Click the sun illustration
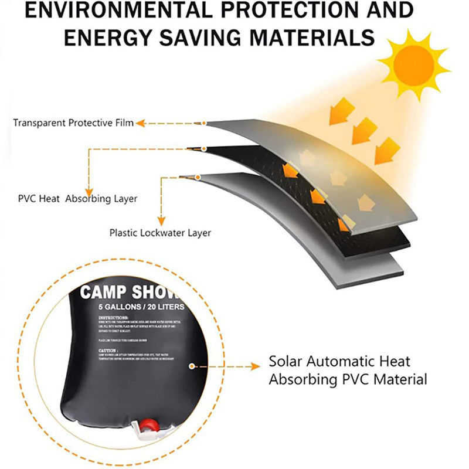click(x=413, y=66)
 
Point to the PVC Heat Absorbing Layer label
click(x=78, y=199)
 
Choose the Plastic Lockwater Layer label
click(x=160, y=232)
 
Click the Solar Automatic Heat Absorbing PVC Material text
click(x=348, y=370)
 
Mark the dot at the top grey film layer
click(x=204, y=123)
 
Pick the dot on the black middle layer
click(x=204, y=148)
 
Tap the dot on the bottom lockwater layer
click(x=198, y=176)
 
